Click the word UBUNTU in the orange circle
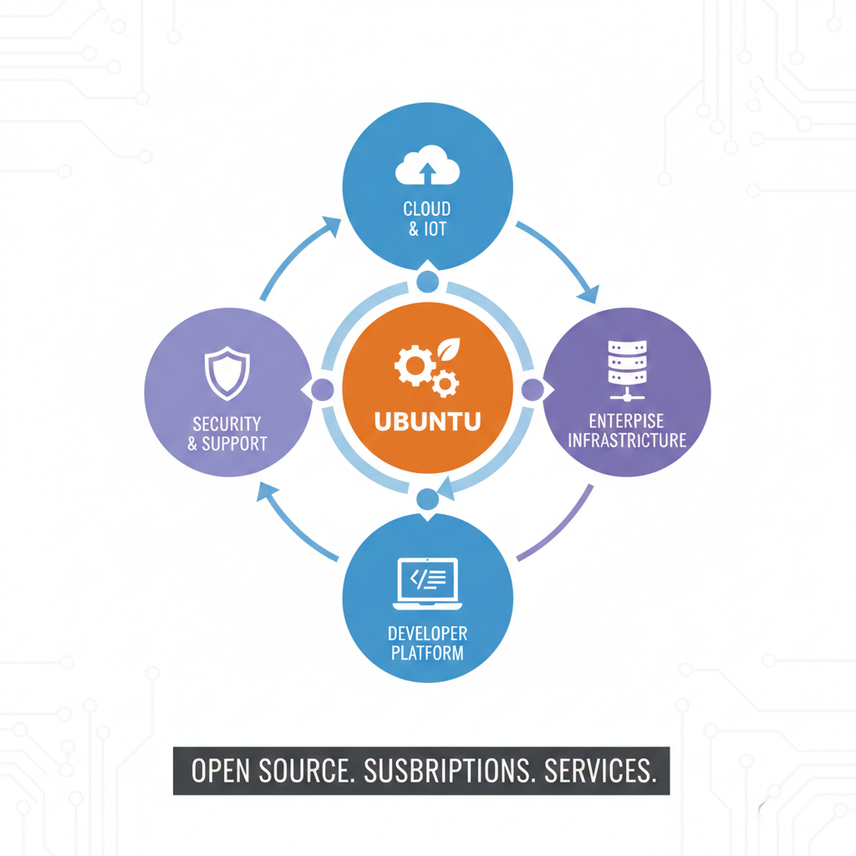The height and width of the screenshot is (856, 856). [x=427, y=420]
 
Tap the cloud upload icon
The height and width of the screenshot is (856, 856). [x=427, y=166]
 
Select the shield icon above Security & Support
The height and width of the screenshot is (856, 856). [x=227, y=374]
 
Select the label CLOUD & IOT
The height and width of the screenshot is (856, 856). [x=427, y=218]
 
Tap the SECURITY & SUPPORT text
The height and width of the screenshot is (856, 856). [x=227, y=434]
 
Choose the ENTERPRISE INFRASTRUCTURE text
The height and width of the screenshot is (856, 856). [x=626, y=430]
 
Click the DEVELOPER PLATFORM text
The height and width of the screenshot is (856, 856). [x=427, y=643]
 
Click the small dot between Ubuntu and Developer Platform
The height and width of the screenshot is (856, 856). [x=427, y=499]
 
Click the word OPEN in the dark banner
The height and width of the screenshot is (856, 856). [x=221, y=771]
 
